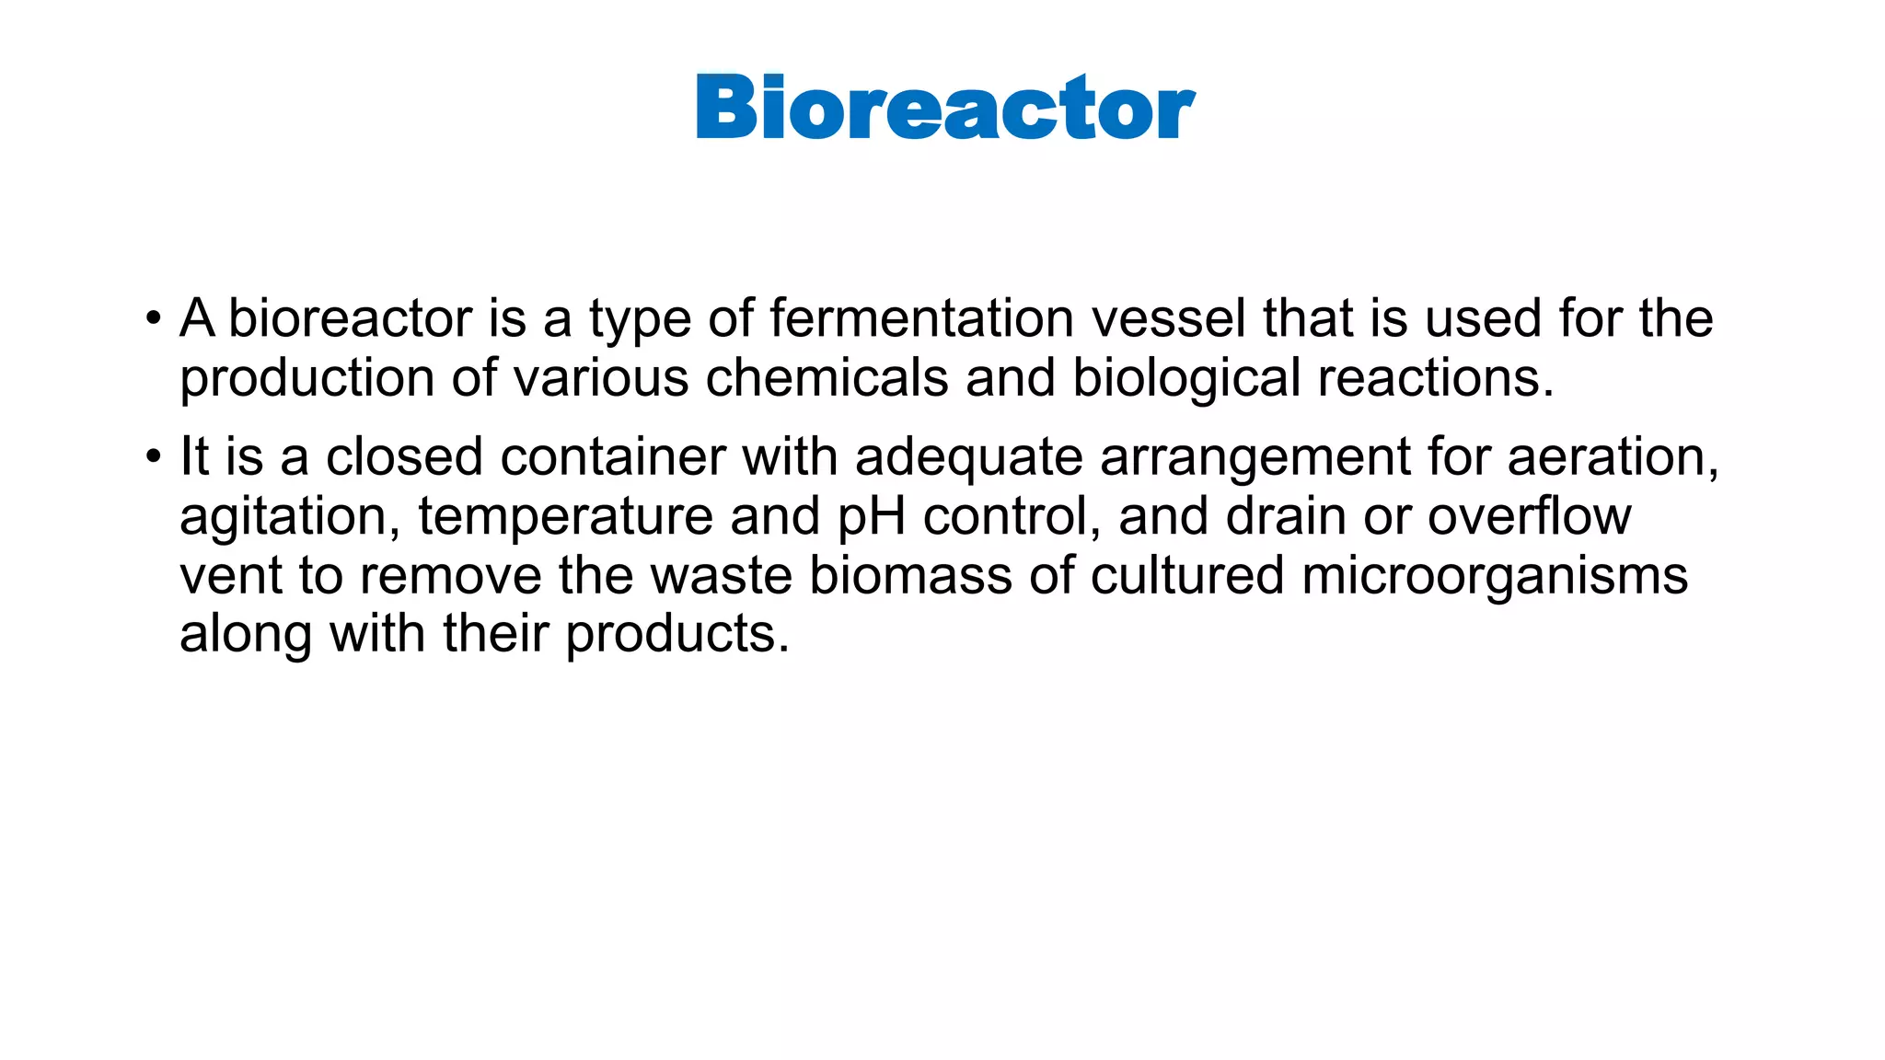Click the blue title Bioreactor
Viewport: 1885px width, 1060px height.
[945, 108]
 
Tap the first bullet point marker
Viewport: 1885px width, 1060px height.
[153, 320]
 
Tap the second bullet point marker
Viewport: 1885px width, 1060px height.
[153, 457]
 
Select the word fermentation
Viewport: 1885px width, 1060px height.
[922, 318]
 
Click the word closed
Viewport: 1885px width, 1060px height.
[404, 456]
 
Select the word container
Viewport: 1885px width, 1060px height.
[613, 456]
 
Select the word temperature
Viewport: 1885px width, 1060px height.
[565, 517]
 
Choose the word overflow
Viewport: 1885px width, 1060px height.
[1529, 516]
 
